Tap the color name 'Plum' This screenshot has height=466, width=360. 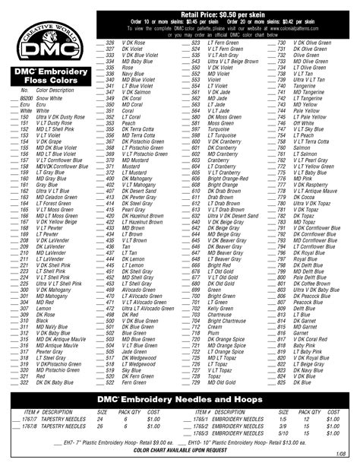pos(212,332)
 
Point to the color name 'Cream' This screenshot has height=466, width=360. pos(214,325)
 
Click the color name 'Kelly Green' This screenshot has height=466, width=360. pos(220,308)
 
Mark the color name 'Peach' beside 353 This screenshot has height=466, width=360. pos(128,122)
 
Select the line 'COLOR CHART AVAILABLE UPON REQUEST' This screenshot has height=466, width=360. pos(179,450)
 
